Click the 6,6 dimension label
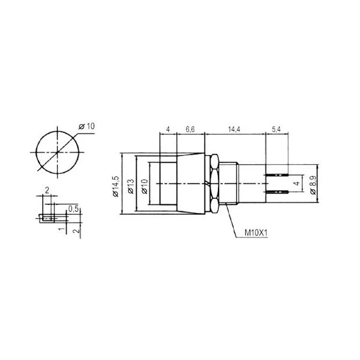pos(190,129)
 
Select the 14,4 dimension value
pos(234,129)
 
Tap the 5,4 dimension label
pos(276,129)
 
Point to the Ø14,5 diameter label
pos(115,187)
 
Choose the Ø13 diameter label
pos(131,187)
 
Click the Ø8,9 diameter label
pos(314,185)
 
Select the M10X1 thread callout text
pos(256,233)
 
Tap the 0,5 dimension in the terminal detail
pos(74,209)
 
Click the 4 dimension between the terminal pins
pos(297,184)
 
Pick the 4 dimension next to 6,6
pos(168,129)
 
